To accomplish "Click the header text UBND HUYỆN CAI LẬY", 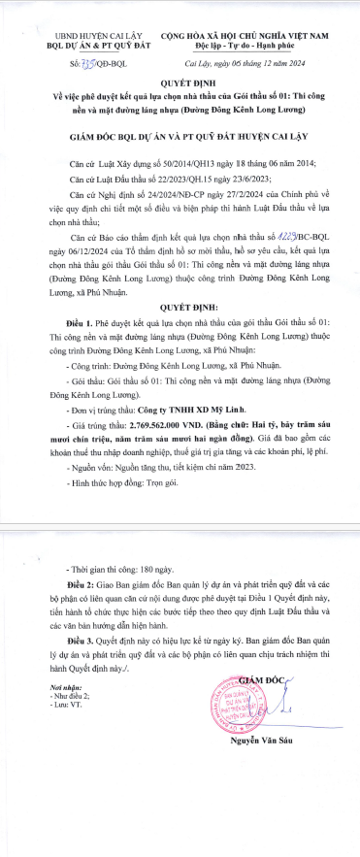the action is click(77, 34).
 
